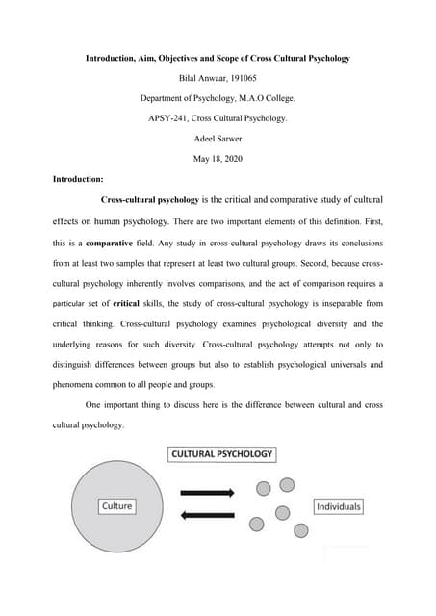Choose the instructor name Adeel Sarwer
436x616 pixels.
tap(217, 139)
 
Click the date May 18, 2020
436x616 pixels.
tap(217, 159)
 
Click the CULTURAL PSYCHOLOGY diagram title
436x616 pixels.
tap(222, 453)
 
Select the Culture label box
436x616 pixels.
tap(116, 505)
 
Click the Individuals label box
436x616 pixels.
tap(338, 506)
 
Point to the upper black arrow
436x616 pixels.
tap(207, 493)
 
